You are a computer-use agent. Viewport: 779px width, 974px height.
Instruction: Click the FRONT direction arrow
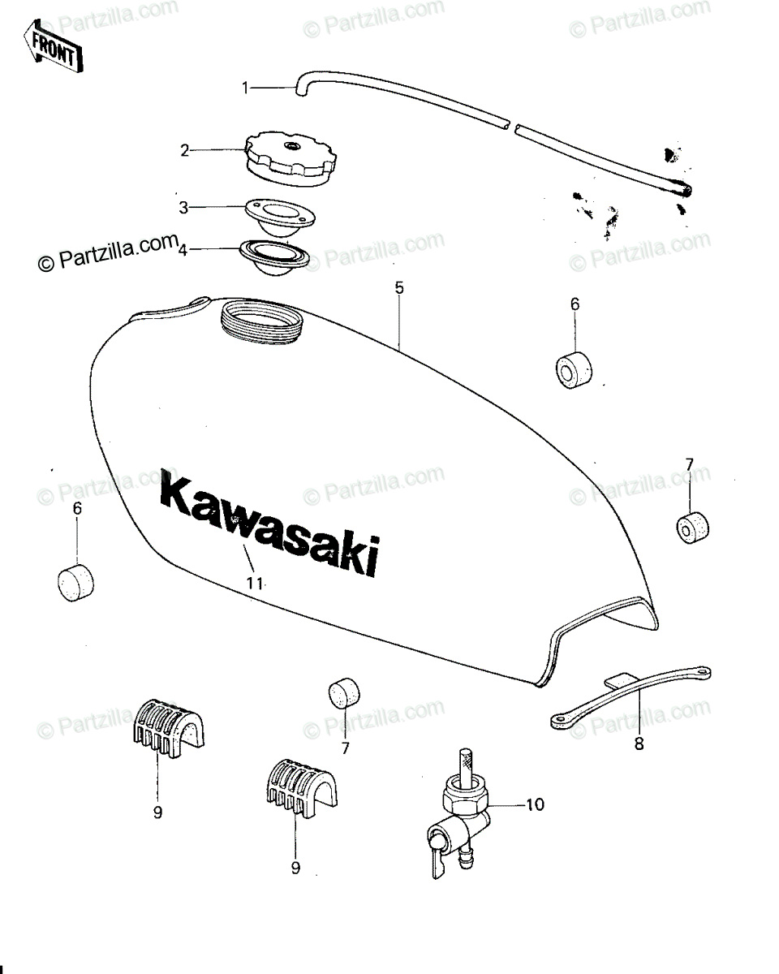click(53, 45)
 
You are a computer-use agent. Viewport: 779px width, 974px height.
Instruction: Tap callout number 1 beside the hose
click(245, 88)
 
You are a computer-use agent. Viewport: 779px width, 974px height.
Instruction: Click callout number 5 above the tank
click(398, 288)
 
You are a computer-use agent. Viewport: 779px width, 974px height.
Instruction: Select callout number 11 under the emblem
click(254, 584)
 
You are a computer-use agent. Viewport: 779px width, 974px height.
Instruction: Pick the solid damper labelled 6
click(75, 582)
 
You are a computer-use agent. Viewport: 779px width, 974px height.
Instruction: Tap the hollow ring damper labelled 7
click(692, 528)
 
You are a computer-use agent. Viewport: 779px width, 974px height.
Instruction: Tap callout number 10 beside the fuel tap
click(535, 804)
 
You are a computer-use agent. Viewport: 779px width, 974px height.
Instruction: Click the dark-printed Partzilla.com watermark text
click(108, 252)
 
